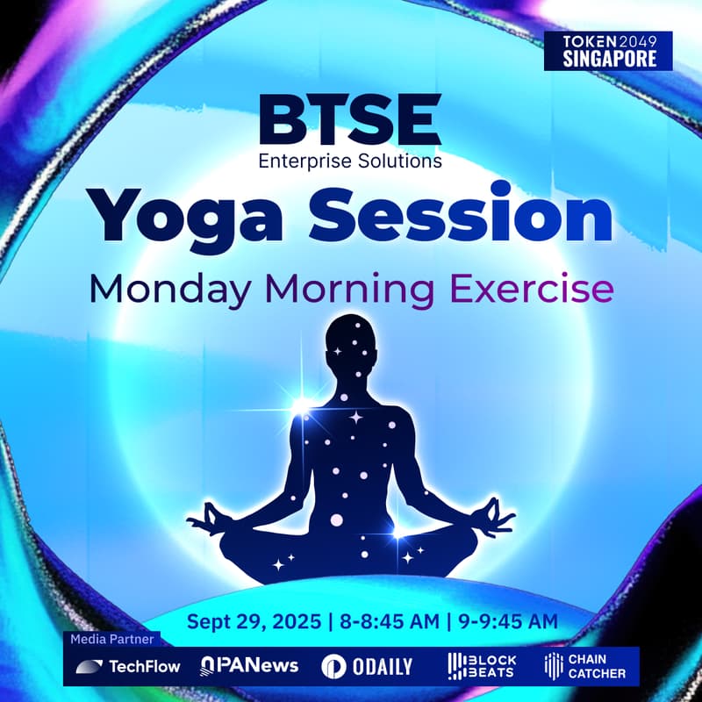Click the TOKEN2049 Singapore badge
click(x=607, y=51)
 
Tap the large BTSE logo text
click(x=350, y=122)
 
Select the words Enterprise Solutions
click(x=350, y=161)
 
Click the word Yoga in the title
click(x=188, y=216)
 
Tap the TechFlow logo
click(x=128, y=666)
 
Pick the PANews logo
click(x=249, y=666)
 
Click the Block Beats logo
click(x=482, y=666)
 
